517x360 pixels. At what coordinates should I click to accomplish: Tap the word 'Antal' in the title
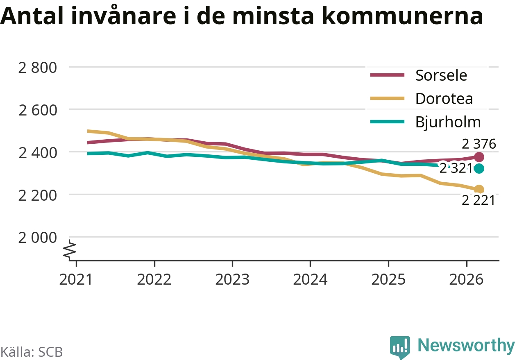click(x=32, y=16)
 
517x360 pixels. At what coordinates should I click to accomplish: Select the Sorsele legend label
click(x=441, y=75)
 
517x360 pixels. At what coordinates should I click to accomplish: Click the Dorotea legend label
click(x=444, y=99)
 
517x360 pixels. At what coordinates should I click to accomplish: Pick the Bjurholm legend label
click(x=448, y=122)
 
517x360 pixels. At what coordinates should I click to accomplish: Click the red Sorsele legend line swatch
click(x=388, y=75)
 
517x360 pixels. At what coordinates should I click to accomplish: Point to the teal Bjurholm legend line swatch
click(x=388, y=122)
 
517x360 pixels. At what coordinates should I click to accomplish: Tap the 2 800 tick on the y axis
click(x=37, y=68)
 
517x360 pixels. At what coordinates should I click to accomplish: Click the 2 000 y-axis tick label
click(x=37, y=238)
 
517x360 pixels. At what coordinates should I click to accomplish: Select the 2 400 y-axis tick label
click(x=37, y=153)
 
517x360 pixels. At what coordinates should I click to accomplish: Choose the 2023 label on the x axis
click(x=232, y=279)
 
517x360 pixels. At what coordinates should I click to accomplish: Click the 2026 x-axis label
click(x=466, y=279)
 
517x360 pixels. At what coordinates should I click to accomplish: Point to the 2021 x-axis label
click(x=76, y=279)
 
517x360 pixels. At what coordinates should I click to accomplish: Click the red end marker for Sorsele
click(x=479, y=157)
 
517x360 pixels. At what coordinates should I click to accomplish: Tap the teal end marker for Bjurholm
click(x=479, y=169)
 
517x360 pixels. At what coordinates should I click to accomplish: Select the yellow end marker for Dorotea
click(x=479, y=190)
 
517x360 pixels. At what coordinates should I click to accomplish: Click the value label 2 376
click(x=479, y=144)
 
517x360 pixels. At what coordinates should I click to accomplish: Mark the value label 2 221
click(x=478, y=200)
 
